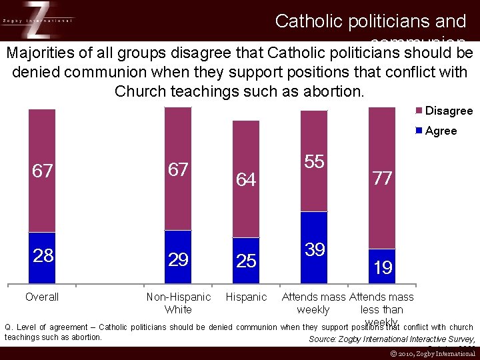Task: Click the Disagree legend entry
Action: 444,111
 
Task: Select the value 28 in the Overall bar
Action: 43,256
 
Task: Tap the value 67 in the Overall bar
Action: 43,171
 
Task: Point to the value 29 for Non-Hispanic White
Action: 178,259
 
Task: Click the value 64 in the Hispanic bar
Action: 246,179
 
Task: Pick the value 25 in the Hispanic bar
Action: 246,261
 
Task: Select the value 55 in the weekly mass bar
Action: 314,161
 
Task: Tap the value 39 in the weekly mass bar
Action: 314,250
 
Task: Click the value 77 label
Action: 382,178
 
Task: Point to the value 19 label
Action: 382,268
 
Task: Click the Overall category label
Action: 42,297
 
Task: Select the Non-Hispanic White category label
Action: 178,303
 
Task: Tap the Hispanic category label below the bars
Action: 246,297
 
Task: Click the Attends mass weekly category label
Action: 313,303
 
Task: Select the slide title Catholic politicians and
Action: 370,21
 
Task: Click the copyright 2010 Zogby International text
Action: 433,354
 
